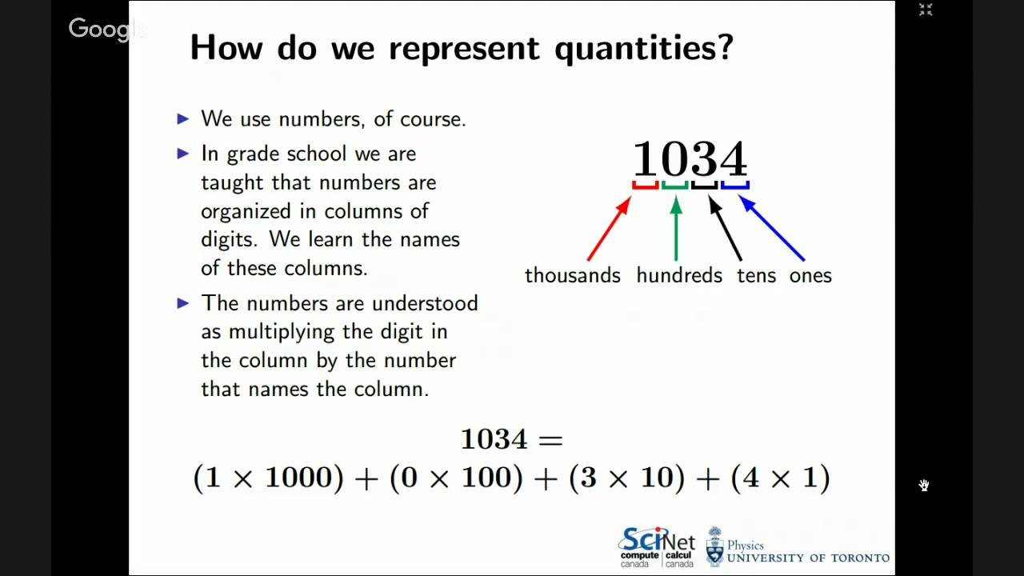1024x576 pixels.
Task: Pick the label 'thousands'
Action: [x=572, y=275]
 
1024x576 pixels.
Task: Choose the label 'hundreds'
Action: [x=679, y=275]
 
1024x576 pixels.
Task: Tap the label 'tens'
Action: [x=756, y=275]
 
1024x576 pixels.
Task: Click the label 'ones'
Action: [x=810, y=275]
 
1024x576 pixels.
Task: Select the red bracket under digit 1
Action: [x=646, y=186]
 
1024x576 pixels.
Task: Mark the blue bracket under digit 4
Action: [x=734, y=186]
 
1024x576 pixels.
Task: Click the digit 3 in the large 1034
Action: [x=704, y=158]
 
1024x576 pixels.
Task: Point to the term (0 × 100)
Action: [x=456, y=478]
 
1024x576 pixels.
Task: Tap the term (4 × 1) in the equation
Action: [x=781, y=478]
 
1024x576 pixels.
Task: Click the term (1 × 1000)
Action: [x=269, y=478]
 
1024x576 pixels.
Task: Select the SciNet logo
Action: [x=657, y=546]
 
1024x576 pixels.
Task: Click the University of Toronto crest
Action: [x=714, y=546]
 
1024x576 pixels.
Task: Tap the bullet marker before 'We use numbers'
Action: [x=183, y=119]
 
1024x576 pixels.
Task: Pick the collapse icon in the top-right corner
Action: [x=926, y=10]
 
